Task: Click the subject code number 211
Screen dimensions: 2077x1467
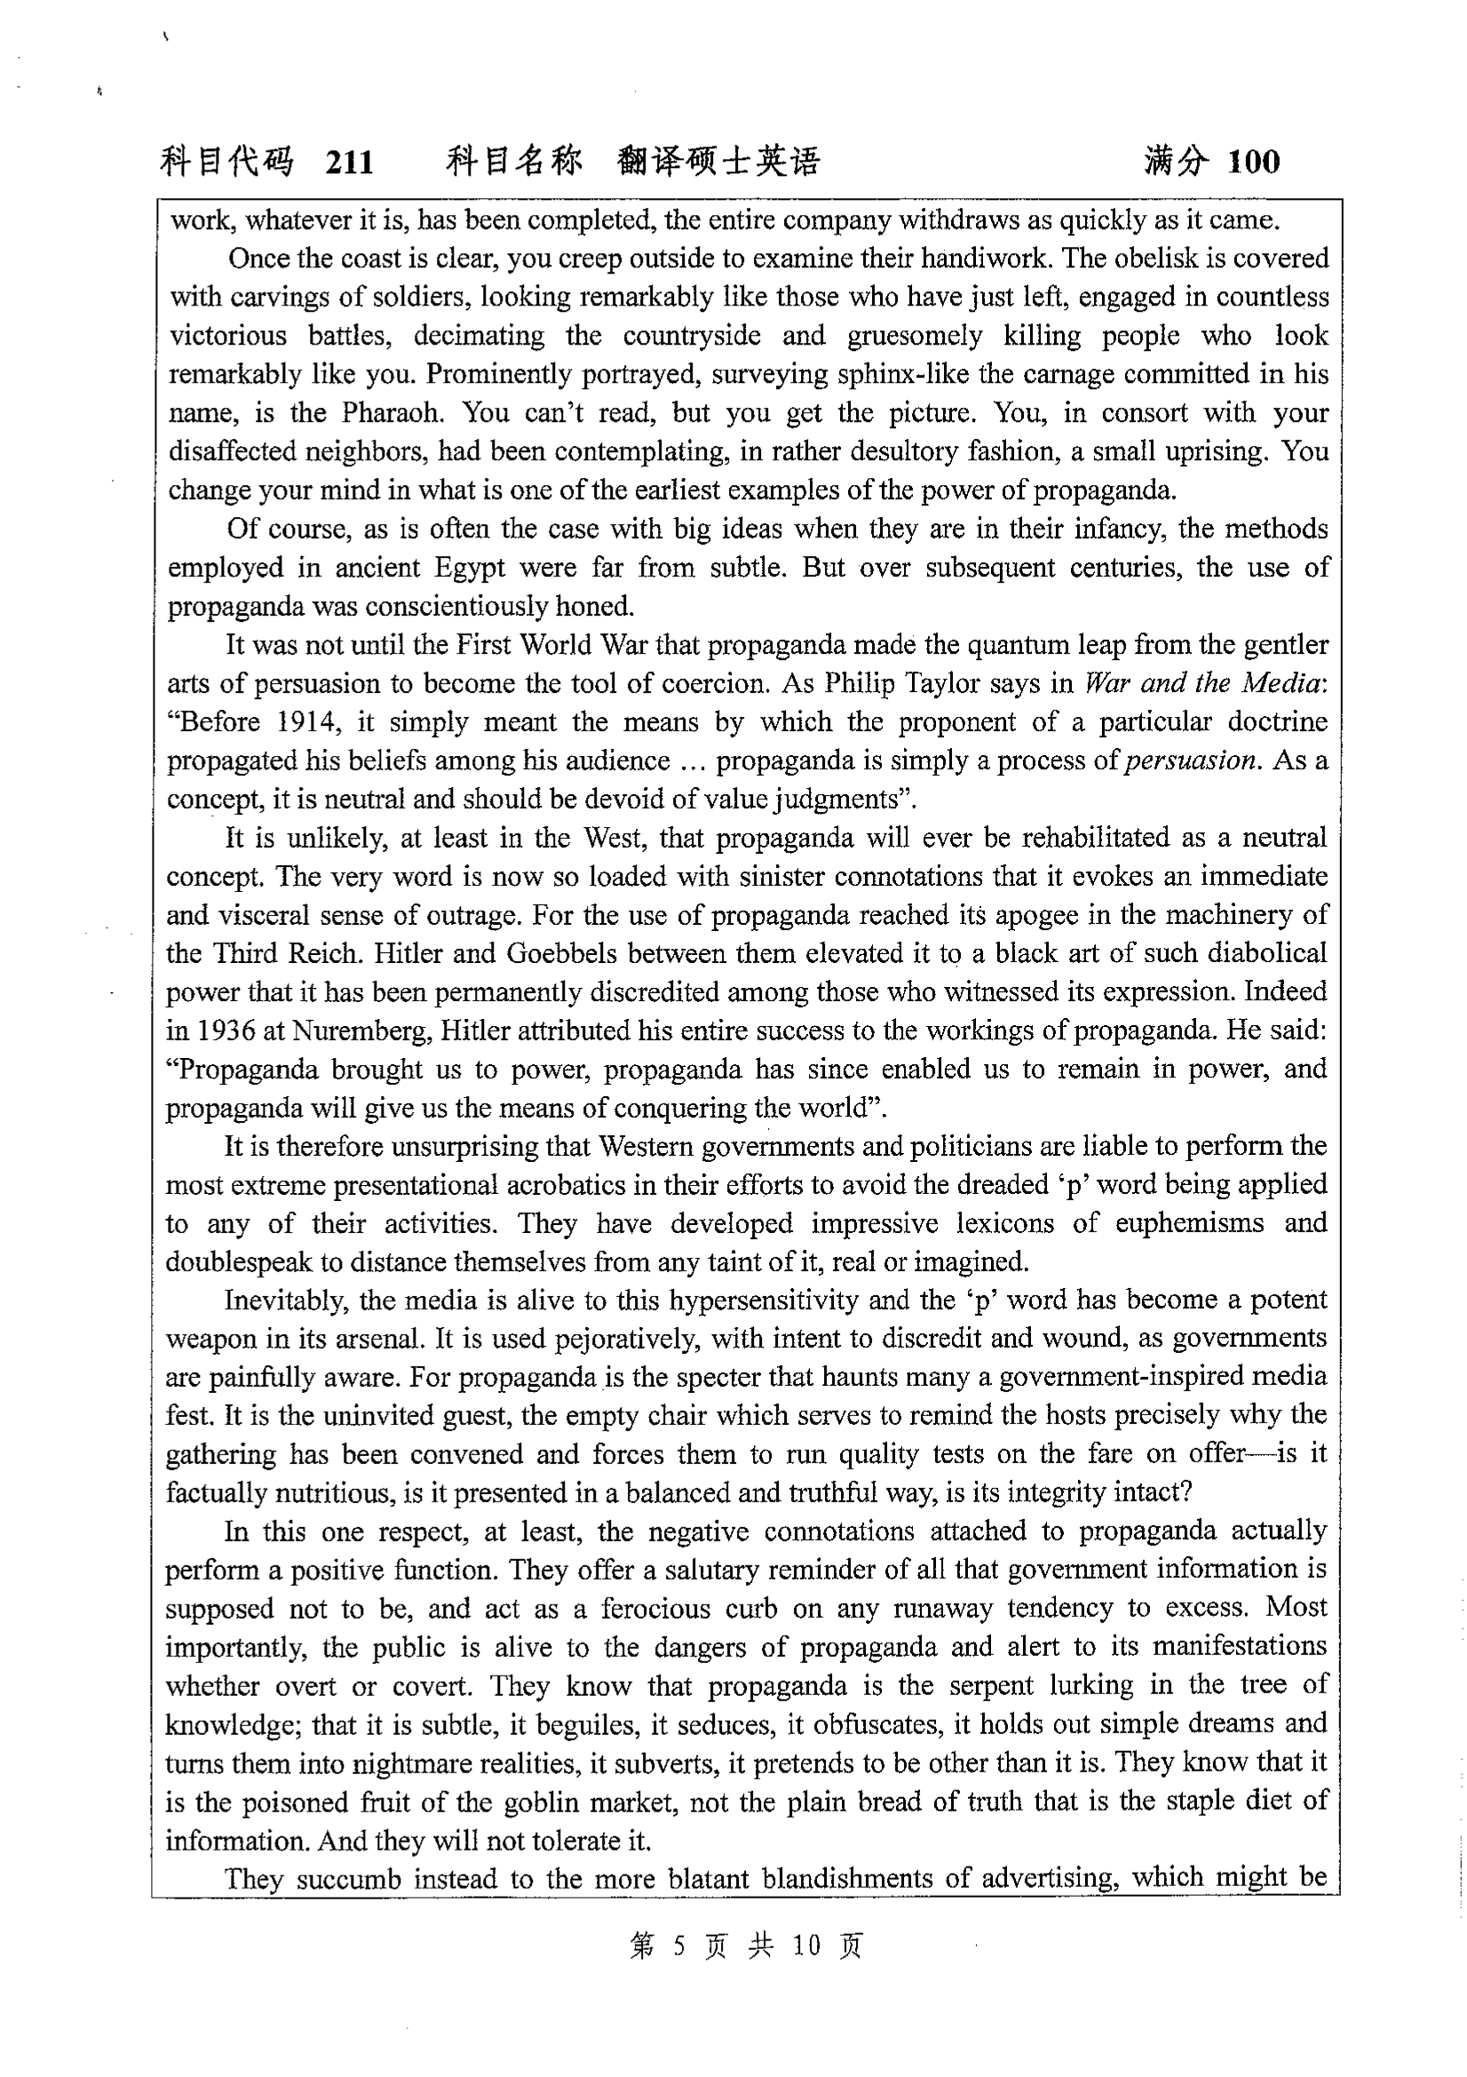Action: pyautogui.click(x=348, y=163)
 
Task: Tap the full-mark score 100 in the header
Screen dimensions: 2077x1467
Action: pyautogui.click(x=1254, y=163)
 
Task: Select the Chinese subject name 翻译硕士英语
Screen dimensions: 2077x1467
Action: pyautogui.click(x=718, y=162)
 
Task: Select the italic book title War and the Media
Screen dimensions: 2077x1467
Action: pyautogui.click(x=1203, y=684)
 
